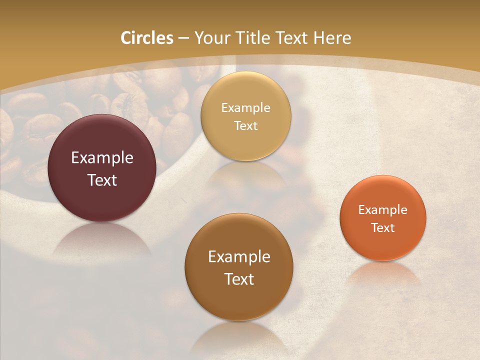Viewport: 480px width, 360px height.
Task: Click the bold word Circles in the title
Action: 146,38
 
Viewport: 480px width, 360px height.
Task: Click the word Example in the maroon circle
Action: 102,158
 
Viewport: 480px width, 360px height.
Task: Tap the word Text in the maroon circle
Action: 102,180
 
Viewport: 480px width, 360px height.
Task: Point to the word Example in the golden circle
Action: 245,107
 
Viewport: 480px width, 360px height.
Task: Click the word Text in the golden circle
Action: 245,125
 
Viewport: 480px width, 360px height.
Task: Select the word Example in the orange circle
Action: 383,209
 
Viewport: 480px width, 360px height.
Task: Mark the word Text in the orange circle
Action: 383,227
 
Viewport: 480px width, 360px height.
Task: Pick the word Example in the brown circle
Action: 239,256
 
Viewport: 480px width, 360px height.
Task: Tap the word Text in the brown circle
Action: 239,278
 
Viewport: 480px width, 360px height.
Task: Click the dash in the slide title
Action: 183,38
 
